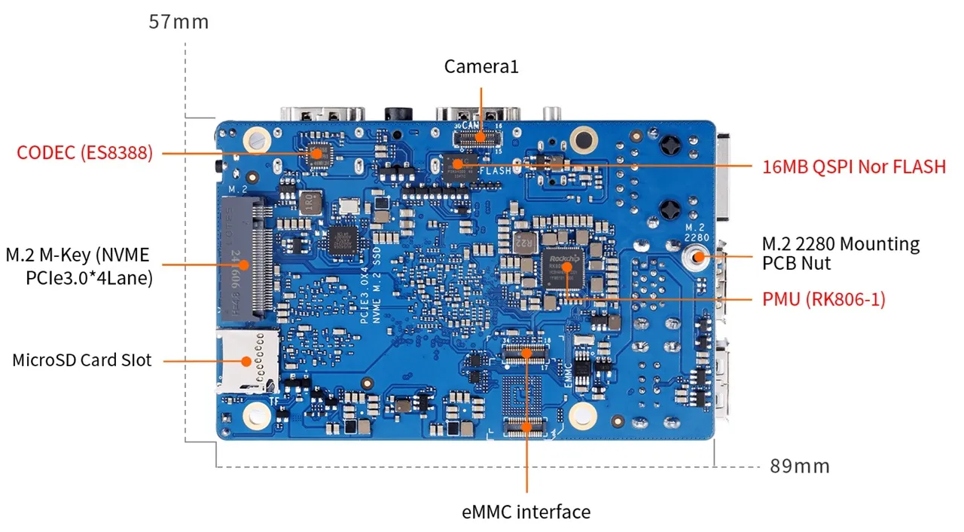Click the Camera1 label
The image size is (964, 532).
(x=481, y=66)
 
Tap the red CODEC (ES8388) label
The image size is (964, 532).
(x=85, y=153)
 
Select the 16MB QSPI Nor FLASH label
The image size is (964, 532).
(x=854, y=167)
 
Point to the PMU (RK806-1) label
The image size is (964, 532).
(x=823, y=299)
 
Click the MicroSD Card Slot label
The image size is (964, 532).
(x=81, y=360)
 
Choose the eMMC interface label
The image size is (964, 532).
(x=526, y=512)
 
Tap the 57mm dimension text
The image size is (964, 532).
(x=178, y=21)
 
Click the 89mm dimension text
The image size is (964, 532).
(x=800, y=466)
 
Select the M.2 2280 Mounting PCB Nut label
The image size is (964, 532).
(x=840, y=254)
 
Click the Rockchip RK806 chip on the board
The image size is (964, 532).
(x=563, y=270)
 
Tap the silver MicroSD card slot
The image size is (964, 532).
(x=247, y=360)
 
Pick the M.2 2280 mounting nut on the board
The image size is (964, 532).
(x=697, y=257)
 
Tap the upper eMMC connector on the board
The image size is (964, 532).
(x=527, y=353)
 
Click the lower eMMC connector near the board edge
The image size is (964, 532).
(x=527, y=427)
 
